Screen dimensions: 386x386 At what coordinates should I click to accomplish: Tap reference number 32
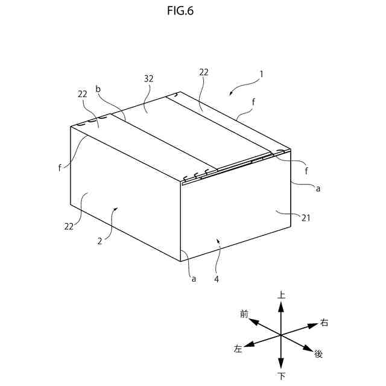(x=149, y=78)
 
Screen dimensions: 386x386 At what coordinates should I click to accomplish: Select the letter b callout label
(x=98, y=89)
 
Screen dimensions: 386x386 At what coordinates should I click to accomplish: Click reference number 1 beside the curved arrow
(x=261, y=75)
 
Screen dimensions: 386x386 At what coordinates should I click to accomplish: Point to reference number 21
(x=306, y=218)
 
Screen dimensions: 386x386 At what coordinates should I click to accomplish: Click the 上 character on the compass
(x=281, y=295)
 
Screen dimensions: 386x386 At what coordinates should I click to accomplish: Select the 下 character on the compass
(x=281, y=376)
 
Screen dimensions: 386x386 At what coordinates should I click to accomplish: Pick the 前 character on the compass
(x=244, y=314)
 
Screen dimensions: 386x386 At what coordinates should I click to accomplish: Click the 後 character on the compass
(x=319, y=353)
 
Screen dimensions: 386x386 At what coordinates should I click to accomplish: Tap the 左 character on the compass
(x=238, y=349)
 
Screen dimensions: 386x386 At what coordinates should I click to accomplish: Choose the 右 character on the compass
(x=324, y=323)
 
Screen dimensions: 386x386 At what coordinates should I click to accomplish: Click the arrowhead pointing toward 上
(x=281, y=306)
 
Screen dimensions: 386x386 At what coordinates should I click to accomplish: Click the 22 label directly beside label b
(x=83, y=94)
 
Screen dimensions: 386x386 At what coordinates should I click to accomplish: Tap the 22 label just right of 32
(x=204, y=72)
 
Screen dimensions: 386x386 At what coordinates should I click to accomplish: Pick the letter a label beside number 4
(x=194, y=279)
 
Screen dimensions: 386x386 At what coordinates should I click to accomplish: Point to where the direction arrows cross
(x=281, y=335)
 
